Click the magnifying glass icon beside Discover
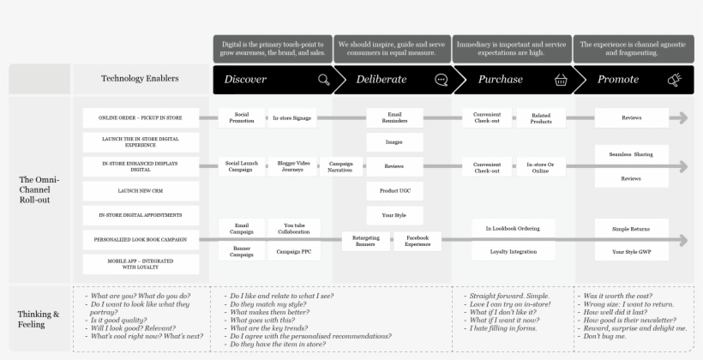click(323, 80)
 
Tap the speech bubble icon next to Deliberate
click(442, 80)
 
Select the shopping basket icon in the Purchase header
click(561, 80)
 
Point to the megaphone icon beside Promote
click(675, 80)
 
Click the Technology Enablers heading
click(140, 79)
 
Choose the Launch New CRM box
click(140, 191)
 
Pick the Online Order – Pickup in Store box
click(140, 118)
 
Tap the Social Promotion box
click(241, 118)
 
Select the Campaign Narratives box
click(341, 166)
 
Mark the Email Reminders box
click(394, 118)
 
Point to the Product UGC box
click(394, 191)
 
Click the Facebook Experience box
click(418, 241)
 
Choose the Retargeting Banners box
click(366, 241)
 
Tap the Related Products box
click(541, 118)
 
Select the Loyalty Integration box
click(512, 252)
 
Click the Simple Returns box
click(631, 229)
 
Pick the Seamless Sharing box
click(631, 154)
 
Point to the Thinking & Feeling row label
click(39, 319)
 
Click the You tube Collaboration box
click(294, 229)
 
